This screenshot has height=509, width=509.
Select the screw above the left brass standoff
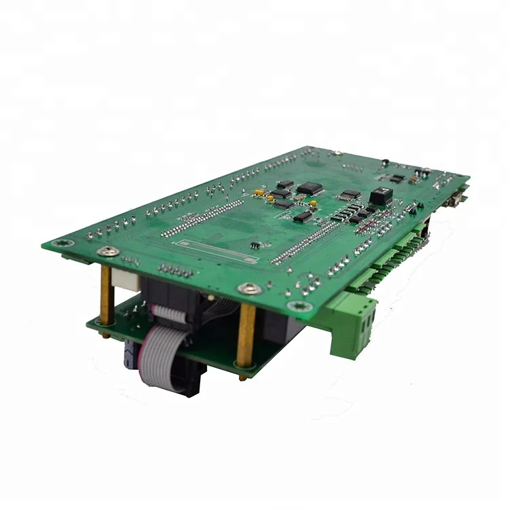(108, 252)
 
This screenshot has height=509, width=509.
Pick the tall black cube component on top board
(379, 196)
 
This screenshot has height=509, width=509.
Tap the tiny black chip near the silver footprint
(253, 245)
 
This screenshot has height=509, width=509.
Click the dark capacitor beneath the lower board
(130, 353)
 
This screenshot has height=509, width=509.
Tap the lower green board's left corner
(89, 323)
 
